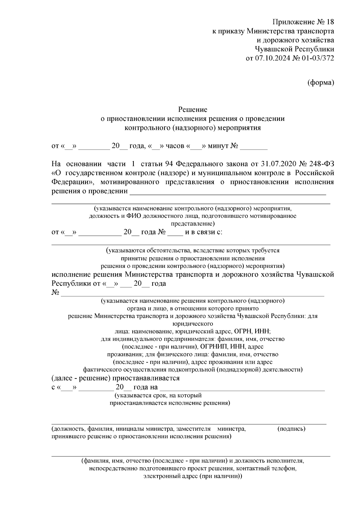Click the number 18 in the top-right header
[329, 22]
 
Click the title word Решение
[193, 109]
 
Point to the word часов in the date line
[175, 146]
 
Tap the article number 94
[169, 164]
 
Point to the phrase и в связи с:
[204, 232]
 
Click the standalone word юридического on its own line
[193, 324]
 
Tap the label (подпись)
[292, 429]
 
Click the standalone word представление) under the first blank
[193, 223]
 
